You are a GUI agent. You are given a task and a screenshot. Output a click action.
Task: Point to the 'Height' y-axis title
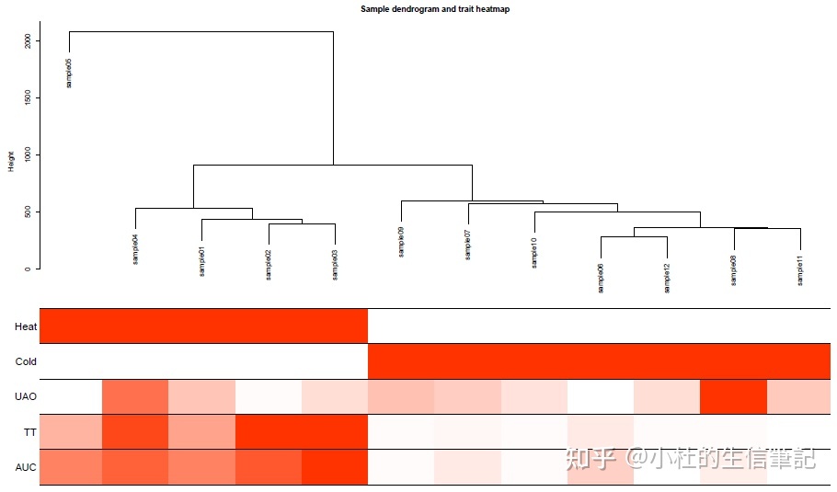12,161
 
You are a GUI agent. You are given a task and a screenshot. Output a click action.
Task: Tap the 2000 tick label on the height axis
29,41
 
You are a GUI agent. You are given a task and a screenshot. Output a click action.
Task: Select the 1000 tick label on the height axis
29,154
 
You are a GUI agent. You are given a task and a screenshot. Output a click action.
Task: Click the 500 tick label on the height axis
29,212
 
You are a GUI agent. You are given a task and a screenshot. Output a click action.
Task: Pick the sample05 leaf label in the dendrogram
69,73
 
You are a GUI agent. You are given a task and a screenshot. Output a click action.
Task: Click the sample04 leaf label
135,249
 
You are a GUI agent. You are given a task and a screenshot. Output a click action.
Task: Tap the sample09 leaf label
401,242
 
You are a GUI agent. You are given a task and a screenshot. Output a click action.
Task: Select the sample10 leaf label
534,252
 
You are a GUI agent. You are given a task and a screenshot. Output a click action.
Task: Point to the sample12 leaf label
667,278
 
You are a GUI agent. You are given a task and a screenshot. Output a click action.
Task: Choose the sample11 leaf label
800,271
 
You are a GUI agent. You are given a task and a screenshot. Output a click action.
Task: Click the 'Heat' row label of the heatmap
26,326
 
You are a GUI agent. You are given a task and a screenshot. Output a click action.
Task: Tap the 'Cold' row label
26,361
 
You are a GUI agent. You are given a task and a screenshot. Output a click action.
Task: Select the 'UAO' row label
26,396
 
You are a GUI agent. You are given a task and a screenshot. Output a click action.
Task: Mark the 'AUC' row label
26,467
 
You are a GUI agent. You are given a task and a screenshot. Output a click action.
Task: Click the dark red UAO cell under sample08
733,396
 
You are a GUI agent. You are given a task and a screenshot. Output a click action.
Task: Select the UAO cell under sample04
135,396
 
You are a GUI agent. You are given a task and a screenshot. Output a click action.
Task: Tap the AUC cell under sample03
334,467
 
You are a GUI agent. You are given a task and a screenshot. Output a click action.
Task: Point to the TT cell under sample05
71,431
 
